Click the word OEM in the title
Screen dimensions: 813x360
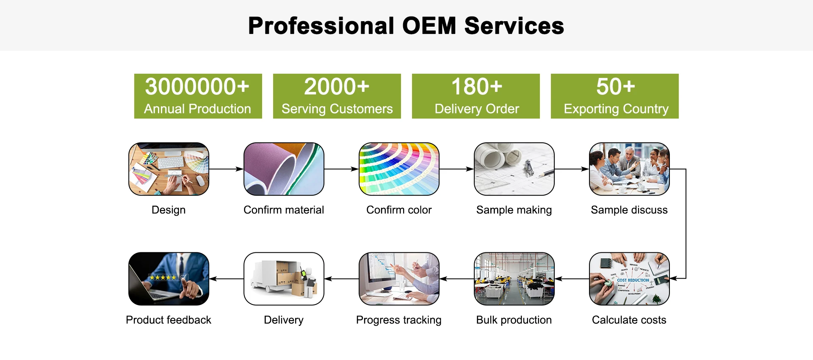tap(429, 26)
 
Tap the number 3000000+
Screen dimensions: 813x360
tap(197, 86)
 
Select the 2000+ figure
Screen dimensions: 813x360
tap(337, 86)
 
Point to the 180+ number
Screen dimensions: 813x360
tap(476, 86)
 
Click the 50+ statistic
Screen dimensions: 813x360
tap(615, 86)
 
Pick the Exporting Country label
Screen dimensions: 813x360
tap(616, 109)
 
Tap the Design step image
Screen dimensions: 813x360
tap(169, 169)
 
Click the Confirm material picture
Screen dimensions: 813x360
tap(284, 169)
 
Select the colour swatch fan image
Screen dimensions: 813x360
tap(399, 169)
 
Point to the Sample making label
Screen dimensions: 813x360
tap(514, 210)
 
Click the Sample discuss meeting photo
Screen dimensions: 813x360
tap(629, 169)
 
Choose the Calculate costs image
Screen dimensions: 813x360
tap(629, 279)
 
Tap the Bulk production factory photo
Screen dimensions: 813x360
tap(514, 279)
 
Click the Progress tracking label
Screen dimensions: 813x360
tap(398, 320)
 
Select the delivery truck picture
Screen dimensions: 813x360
tap(284, 279)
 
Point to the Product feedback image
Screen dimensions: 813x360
tap(169, 279)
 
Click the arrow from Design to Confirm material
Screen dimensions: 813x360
tap(226, 169)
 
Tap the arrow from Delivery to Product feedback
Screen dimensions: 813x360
tap(226, 279)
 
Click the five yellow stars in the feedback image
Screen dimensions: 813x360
tap(163, 277)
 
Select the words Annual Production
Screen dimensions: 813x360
tap(197, 109)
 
